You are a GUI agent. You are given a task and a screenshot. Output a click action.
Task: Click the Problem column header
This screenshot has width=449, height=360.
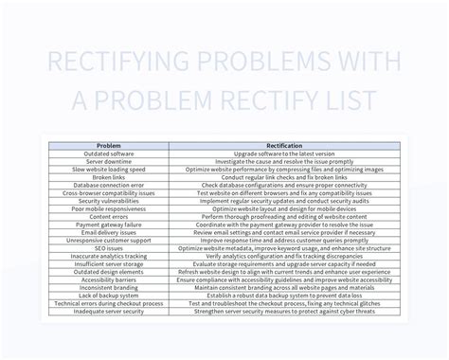click(x=110, y=145)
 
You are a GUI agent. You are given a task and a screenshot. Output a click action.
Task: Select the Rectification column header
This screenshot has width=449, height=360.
click(x=285, y=145)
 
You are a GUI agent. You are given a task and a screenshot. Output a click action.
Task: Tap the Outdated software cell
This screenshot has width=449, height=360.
click(x=110, y=153)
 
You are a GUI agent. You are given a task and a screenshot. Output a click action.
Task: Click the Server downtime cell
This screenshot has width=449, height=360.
click(x=110, y=161)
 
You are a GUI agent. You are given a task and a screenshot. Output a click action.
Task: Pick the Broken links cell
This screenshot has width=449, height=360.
click(x=110, y=177)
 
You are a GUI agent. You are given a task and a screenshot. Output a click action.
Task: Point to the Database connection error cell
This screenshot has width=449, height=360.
click(x=110, y=186)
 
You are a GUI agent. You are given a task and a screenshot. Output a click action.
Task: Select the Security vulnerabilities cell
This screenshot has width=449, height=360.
click(x=110, y=202)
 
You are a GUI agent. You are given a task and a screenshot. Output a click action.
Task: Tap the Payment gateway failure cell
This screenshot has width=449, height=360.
click(x=110, y=225)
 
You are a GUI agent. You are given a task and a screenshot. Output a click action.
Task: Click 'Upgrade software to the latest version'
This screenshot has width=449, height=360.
click(x=285, y=153)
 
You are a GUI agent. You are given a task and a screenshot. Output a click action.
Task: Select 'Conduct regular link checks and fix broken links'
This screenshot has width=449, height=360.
click(x=285, y=177)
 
